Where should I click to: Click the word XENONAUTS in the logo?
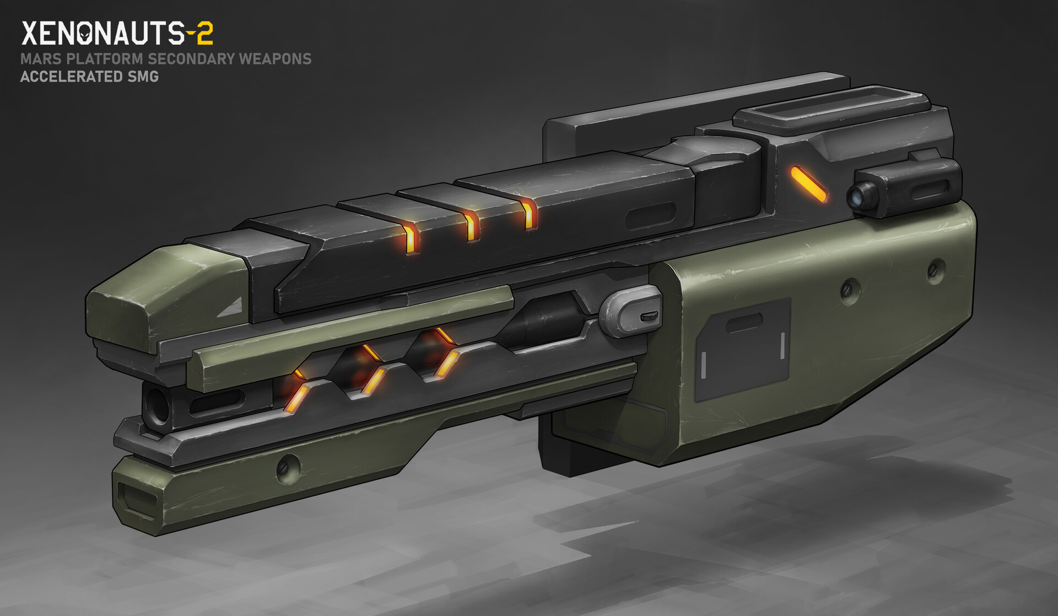(x=102, y=34)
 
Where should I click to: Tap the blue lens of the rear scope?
(x=858, y=194)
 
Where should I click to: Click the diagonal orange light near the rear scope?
(x=809, y=184)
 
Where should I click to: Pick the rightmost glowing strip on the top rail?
(x=528, y=214)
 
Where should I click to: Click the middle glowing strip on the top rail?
(x=470, y=226)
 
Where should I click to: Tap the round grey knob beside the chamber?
(x=628, y=311)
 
